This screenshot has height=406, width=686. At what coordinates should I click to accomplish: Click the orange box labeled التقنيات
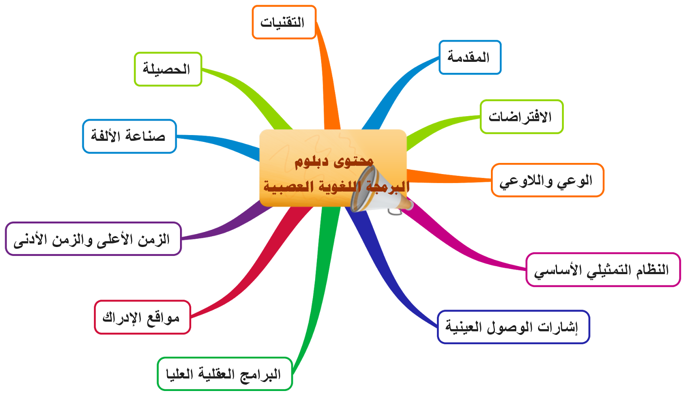click(284, 22)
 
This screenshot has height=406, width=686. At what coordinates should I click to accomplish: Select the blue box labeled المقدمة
click(470, 57)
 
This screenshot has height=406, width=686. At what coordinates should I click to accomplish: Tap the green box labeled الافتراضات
click(521, 117)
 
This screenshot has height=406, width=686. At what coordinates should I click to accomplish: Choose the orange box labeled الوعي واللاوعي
click(547, 180)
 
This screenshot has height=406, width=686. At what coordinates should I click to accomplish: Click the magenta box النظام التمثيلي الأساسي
click(603, 270)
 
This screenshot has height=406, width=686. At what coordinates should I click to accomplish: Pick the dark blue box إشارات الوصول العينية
click(513, 327)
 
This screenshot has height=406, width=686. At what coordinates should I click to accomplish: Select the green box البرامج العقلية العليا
click(225, 374)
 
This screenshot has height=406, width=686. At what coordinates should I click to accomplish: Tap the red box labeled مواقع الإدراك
click(142, 317)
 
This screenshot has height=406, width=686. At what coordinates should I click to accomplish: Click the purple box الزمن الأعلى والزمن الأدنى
click(93, 239)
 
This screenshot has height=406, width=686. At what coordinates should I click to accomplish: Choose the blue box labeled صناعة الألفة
click(129, 136)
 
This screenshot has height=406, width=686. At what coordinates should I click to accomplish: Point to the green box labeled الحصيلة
click(168, 69)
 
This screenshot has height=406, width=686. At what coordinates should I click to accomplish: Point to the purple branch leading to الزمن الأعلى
click(234, 225)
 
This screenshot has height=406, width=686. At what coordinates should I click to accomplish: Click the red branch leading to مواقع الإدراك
click(257, 270)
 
